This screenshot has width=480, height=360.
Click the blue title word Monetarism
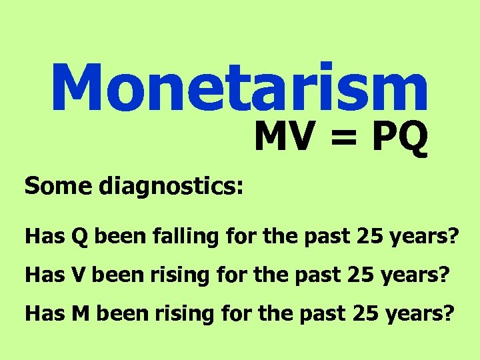[239, 87]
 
